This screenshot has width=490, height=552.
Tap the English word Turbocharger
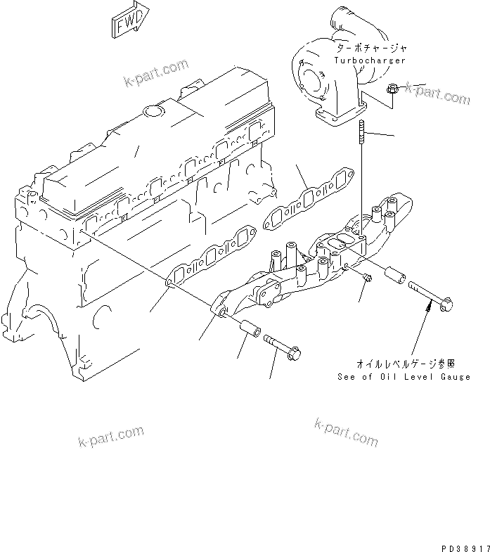(x=370, y=61)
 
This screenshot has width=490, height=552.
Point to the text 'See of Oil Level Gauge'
(x=404, y=378)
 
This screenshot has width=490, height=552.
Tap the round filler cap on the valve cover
(x=152, y=110)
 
